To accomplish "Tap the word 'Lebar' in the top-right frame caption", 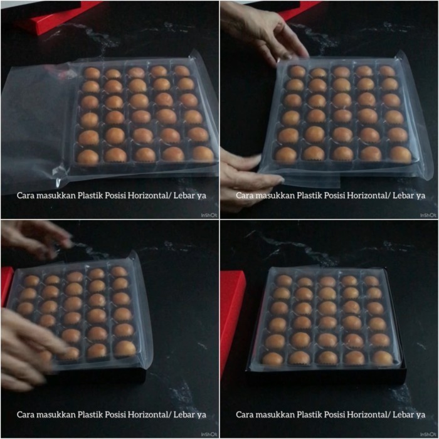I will [x=399, y=196].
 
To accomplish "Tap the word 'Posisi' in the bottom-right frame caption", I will [x=343, y=415].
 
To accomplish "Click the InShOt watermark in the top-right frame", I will [x=428, y=214].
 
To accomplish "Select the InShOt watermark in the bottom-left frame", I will [x=208, y=433].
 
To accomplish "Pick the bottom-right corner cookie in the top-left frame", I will [x=202, y=153].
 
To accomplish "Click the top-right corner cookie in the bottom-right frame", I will [x=372, y=280].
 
